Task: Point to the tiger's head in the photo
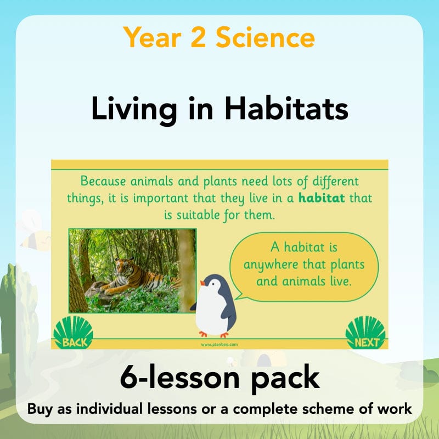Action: (x=121, y=267)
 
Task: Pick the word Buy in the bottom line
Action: (x=40, y=410)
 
